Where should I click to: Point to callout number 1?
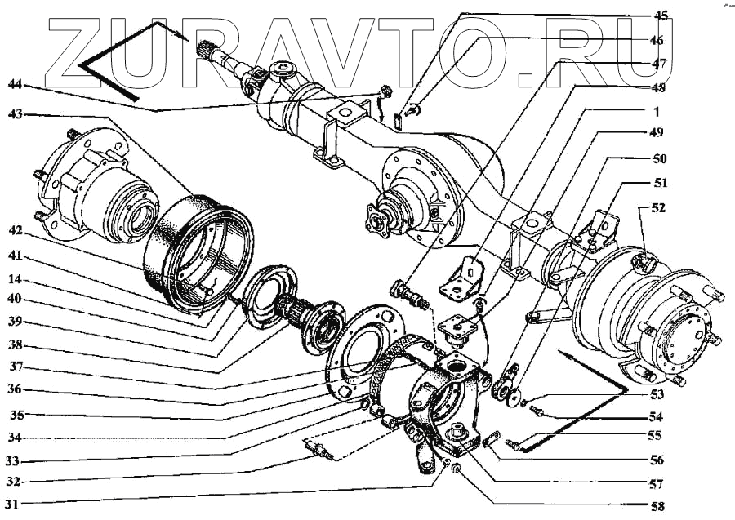659,110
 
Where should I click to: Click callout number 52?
658,208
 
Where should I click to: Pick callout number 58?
658,506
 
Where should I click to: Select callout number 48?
659,87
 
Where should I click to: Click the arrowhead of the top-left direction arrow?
185,37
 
